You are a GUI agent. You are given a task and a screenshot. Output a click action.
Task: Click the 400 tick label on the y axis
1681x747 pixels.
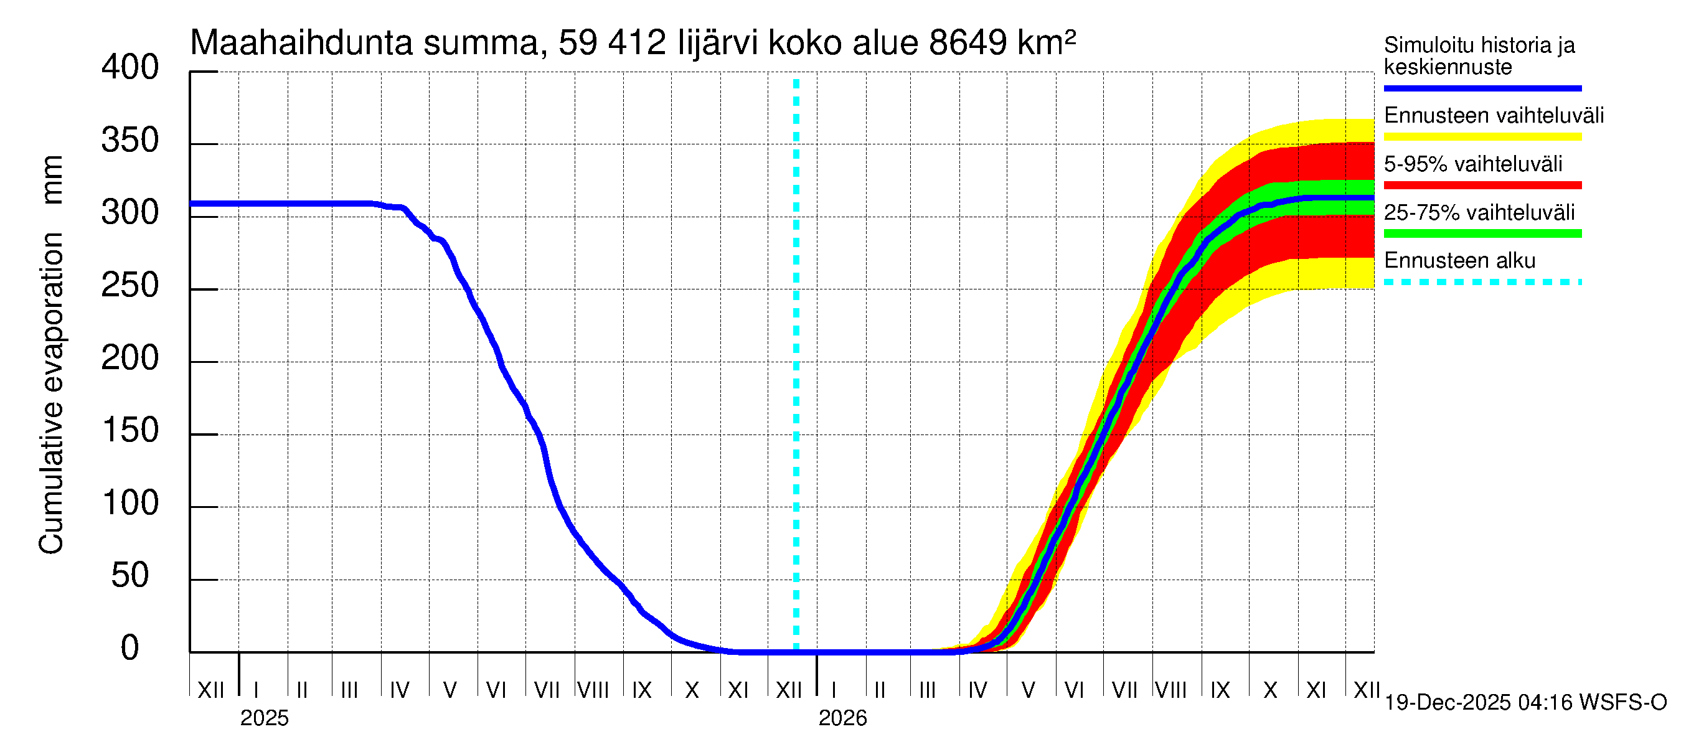click(x=129, y=68)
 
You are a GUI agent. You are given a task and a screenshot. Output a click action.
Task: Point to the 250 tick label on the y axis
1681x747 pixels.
click(x=129, y=286)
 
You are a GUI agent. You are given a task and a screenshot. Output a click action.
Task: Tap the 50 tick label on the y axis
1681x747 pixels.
click(x=129, y=576)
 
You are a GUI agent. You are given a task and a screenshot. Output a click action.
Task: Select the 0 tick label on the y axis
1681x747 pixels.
click(x=129, y=649)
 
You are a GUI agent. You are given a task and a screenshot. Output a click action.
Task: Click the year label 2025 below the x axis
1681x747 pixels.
click(x=263, y=718)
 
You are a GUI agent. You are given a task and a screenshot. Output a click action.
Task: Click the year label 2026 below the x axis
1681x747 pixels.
click(x=842, y=718)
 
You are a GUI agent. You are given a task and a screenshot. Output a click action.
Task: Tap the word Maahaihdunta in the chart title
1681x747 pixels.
click(x=301, y=43)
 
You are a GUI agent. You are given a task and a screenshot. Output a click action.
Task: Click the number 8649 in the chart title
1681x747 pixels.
click(x=967, y=43)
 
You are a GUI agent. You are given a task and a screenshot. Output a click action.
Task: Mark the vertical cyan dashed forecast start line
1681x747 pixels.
click(x=796, y=365)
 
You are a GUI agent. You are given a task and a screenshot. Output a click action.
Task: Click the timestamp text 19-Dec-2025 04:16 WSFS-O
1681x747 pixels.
click(x=1525, y=703)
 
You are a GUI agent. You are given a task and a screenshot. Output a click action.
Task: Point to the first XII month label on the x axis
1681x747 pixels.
click(x=210, y=690)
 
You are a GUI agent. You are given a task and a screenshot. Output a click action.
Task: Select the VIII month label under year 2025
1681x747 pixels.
click(x=593, y=690)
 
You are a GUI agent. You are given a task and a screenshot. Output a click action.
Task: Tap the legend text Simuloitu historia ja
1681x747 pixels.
click(x=1479, y=45)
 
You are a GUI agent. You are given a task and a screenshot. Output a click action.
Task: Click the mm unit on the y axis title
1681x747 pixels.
click(x=51, y=179)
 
